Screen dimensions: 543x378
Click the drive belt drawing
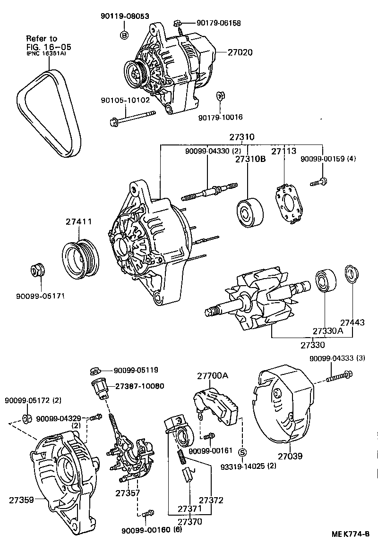[x=50, y=113]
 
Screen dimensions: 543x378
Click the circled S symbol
[x=242, y=452]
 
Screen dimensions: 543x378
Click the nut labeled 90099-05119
[x=94, y=370]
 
